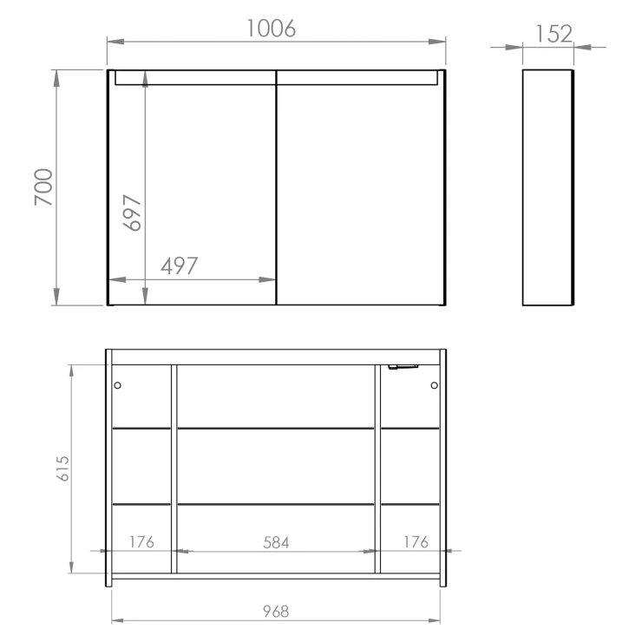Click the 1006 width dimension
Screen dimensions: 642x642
[271, 29]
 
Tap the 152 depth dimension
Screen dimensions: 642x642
[554, 34]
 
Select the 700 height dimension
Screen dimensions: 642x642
[43, 187]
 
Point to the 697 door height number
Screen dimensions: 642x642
[132, 213]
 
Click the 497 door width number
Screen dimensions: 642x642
[180, 266]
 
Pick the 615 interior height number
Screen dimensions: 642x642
[62, 468]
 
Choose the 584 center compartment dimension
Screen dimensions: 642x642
[276, 543]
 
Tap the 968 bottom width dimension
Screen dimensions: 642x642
[276, 612]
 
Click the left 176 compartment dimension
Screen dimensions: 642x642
[141, 542]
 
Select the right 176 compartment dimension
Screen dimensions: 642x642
[416, 542]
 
